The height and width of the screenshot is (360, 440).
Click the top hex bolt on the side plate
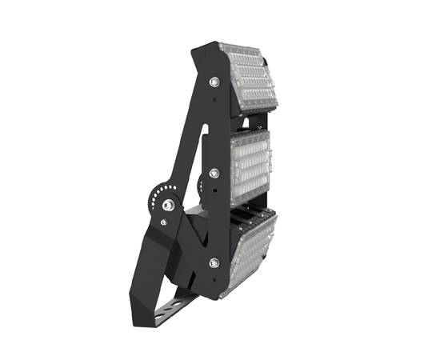coord(214,81)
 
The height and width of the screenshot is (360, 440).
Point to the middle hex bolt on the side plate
coord(214,171)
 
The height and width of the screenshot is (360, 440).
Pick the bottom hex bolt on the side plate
coord(214,262)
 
